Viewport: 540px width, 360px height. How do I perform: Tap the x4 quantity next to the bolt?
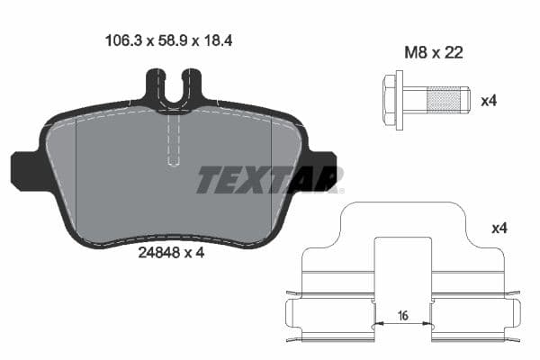(x=489, y=101)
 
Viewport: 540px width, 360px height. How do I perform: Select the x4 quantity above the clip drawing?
(x=499, y=229)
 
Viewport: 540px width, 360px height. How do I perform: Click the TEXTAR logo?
(x=269, y=179)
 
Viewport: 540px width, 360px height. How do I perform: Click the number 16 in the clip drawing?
(x=403, y=317)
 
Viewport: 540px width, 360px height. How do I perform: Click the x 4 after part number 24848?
(x=194, y=253)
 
